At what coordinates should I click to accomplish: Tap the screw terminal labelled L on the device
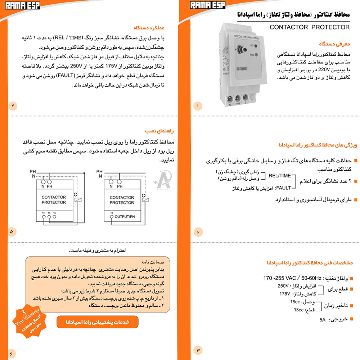246,98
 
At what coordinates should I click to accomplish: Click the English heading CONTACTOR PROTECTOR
309,27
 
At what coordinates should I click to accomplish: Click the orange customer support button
97,322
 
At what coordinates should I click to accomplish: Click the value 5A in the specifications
323,320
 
